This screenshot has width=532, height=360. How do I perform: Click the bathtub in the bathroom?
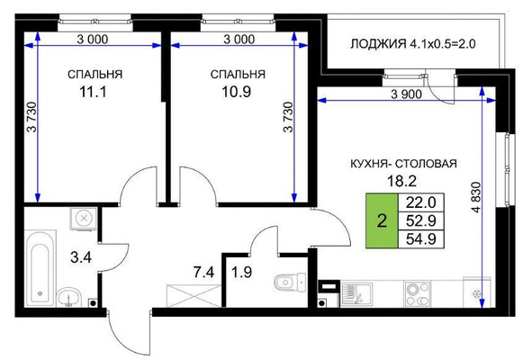tap(40, 269)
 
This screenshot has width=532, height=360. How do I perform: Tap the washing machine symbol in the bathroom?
tap(82, 218)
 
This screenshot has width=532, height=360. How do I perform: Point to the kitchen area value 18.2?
tap(403, 179)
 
